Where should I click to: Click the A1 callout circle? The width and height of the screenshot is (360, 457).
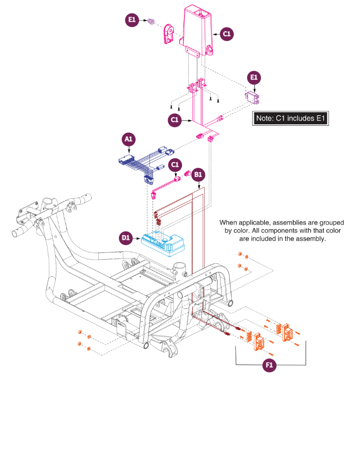pyautogui.click(x=128, y=139)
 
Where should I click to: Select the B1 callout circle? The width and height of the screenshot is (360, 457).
pyautogui.click(x=198, y=175)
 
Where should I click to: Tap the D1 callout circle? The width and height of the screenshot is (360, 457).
pyautogui.click(x=126, y=238)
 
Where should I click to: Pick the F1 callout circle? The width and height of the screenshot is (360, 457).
pyautogui.click(x=269, y=365)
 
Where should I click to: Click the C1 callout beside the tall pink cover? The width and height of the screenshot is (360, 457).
pyautogui.click(x=226, y=34)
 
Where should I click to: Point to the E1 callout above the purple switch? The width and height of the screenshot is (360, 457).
pyautogui.click(x=254, y=77)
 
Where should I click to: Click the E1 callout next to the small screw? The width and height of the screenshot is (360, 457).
pyautogui.click(x=132, y=20)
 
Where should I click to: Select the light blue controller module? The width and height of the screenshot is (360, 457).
pyautogui.click(x=163, y=244)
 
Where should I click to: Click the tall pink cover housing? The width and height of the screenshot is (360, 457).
pyautogui.click(x=198, y=30)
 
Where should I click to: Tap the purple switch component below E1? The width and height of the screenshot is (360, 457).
pyautogui.click(x=252, y=97)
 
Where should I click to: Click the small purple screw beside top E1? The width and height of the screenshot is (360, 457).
pyautogui.click(x=150, y=21)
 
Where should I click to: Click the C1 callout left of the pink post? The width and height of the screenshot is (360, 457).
pyautogui.click(x=175, y=120)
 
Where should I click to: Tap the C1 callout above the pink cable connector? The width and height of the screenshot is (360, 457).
pyautogui.click(x=175, y=165)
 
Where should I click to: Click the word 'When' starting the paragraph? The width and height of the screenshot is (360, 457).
pyautogui.click(x=228, y=223)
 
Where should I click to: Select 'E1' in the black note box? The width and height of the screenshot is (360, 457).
pyautogui.click(x=321, y=118)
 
